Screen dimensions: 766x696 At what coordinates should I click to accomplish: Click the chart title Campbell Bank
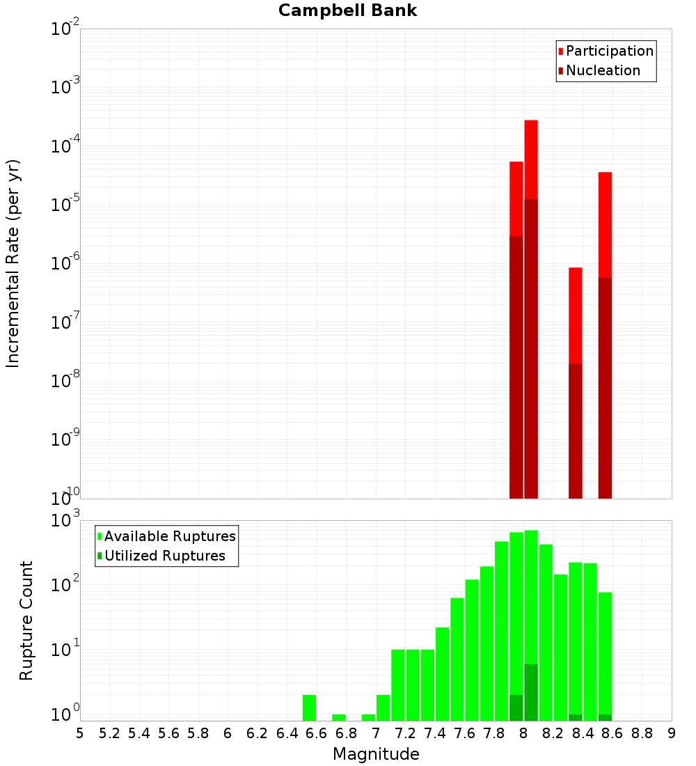coord(347,10)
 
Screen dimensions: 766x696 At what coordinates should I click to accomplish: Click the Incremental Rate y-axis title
coord(13,264)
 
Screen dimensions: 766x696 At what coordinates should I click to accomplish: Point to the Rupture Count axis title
coord(26,620)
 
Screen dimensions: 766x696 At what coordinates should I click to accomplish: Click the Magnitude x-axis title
coord(376,754)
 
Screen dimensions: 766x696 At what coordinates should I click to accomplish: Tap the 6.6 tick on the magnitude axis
coord(317,733)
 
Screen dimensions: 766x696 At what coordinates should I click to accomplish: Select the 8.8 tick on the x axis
coord(642,733)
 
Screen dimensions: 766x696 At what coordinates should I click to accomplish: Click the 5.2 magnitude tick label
coord(110,733)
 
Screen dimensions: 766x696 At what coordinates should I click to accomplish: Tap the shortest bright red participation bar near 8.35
coord(576,313)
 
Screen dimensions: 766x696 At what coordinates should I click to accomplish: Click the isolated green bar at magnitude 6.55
coord(310,708)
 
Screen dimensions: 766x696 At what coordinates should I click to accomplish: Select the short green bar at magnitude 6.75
coord(339,717)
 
